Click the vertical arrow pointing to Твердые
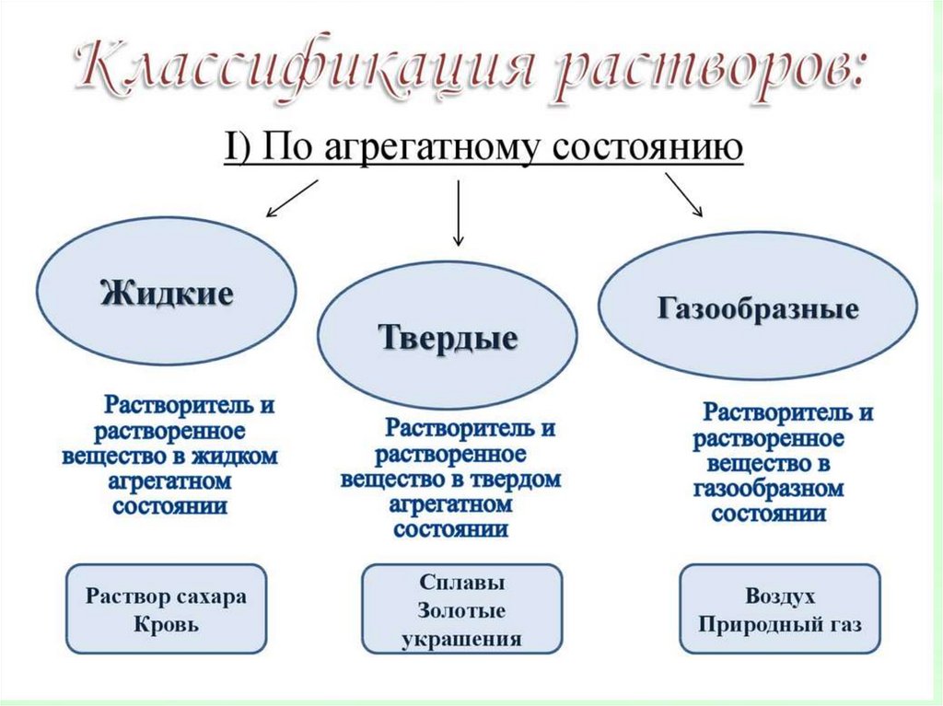pyautogui.click(x=458, y=212)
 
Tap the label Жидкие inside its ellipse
pyautogui.click(x=166, y=295)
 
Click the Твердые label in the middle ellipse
pyautogui.click(x=448, y=337)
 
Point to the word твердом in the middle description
pyautogui.click(x=517, y=480)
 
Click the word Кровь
pyautogui.click(x=167, y=624)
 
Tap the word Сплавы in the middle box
pyautogui.click(x=461, y=584)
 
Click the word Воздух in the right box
pyautogui.click(x=781, y=596)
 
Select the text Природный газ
pyautogui.click(x=781, y=625)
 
